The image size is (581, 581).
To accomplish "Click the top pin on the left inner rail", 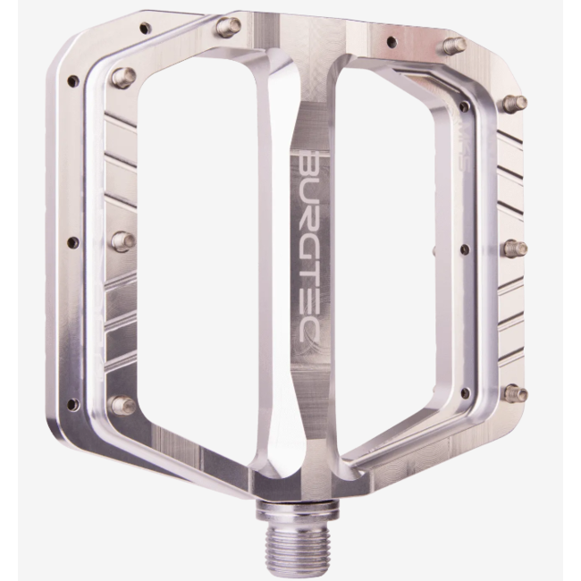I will point(124,78).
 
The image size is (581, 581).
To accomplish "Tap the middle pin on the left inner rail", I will point(122,240).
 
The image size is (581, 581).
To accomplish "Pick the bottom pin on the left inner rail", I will point(122,405).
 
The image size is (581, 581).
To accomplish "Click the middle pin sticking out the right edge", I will point(514,248).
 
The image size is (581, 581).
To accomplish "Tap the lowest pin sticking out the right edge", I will point(514,392).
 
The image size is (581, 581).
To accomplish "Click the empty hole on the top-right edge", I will point(390,41).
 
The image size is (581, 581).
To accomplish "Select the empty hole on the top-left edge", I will point(143,29).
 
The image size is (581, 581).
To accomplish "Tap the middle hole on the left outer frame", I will point(73,242).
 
